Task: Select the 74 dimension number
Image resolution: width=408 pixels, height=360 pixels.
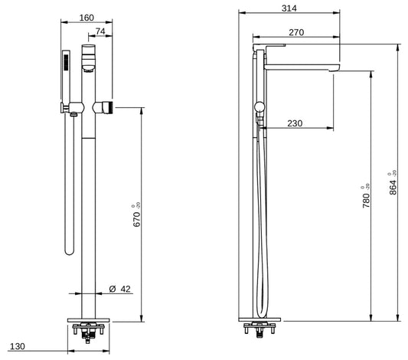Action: click(x=101, y=31)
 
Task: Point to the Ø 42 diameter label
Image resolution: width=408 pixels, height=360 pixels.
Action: click(x=120, y=289)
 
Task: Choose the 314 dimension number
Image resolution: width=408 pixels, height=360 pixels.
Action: click(x=289, y=8)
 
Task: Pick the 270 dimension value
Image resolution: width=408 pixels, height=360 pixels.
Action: click(x=297, y=31)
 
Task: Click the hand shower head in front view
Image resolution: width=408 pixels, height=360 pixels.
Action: click(x=67, y=64)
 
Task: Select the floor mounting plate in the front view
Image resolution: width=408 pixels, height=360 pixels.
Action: click(x=90, y=319)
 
